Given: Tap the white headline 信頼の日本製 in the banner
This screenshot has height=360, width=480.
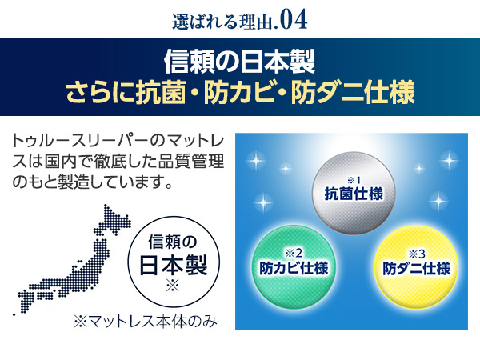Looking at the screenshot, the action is [240, 62].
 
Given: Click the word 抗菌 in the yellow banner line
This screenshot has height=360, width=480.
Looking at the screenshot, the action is [162, 91].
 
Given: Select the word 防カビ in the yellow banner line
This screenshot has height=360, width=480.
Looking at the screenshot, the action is [239, 91].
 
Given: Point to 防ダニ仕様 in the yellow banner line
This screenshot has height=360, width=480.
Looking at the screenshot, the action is [353, 91].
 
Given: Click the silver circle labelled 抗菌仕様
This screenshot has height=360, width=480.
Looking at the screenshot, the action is [354, 194].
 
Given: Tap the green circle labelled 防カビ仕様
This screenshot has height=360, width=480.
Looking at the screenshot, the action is [294, 267].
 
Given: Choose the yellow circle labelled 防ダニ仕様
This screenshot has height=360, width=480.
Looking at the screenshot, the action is [416, 267].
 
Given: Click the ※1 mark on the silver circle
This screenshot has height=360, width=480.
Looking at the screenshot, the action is [354, 180].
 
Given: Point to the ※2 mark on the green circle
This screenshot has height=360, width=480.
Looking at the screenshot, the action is [294, 253].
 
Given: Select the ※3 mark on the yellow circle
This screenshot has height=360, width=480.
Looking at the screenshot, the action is [417, 254].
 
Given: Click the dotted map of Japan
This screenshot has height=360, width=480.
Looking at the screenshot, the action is [74, 260].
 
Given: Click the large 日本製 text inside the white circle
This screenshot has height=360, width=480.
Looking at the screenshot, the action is [174, 265].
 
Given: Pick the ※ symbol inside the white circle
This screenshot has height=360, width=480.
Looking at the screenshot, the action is [173, 286].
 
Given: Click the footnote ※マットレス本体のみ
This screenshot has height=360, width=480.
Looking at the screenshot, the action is [146, 322].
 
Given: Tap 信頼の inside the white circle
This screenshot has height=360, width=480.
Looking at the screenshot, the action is [173, 242].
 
